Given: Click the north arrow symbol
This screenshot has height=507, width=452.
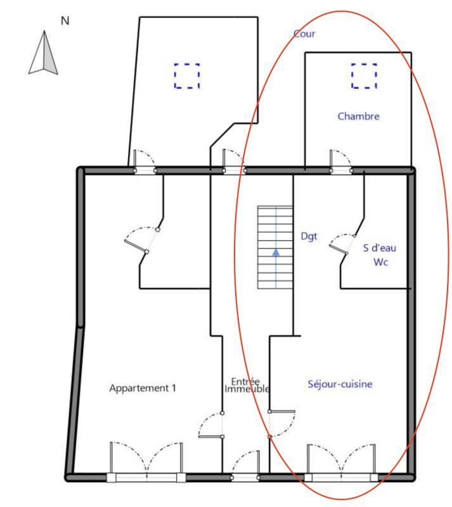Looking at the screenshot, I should coord(44,53).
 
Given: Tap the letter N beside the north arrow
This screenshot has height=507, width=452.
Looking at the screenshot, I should coord(65,21).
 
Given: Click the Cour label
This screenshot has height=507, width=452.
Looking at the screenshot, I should coord(304,34).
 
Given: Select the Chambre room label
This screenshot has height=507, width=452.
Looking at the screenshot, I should coord(358,116).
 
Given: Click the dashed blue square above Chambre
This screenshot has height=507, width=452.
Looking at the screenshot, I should coord(364,76).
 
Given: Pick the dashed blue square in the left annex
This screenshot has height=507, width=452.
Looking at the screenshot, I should coord(187,76).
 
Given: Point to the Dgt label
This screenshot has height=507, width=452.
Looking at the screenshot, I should coord(309,236).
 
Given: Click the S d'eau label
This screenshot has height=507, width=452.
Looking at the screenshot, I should coord(379,248).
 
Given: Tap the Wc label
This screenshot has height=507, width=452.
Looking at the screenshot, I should coord(379,262).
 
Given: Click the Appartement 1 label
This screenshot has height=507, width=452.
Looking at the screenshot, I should coord(142,388).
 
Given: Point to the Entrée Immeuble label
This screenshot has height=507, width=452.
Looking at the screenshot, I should coord(247,385).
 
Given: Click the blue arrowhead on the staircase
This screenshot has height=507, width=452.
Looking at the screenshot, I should coord(276,252).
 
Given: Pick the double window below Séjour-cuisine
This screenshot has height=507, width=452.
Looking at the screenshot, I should coord(342,463).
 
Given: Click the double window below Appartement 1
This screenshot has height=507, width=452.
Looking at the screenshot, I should coord(146,463).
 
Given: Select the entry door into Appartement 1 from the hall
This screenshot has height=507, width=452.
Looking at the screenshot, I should coord(211,425).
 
